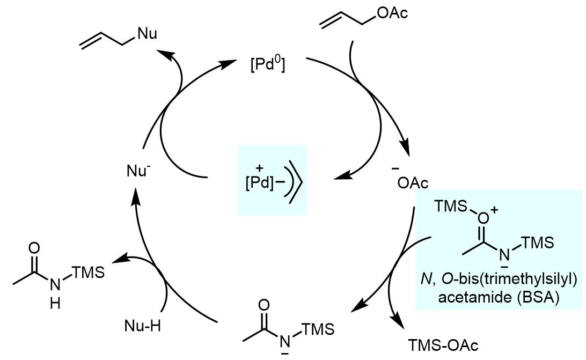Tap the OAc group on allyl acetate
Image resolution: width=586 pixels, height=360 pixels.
click(392, 12)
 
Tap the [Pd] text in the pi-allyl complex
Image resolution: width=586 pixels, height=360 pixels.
click(258, 182)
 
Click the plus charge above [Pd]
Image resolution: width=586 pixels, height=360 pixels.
click(251, 167)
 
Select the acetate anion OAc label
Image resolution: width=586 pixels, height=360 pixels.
click(413, 184)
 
